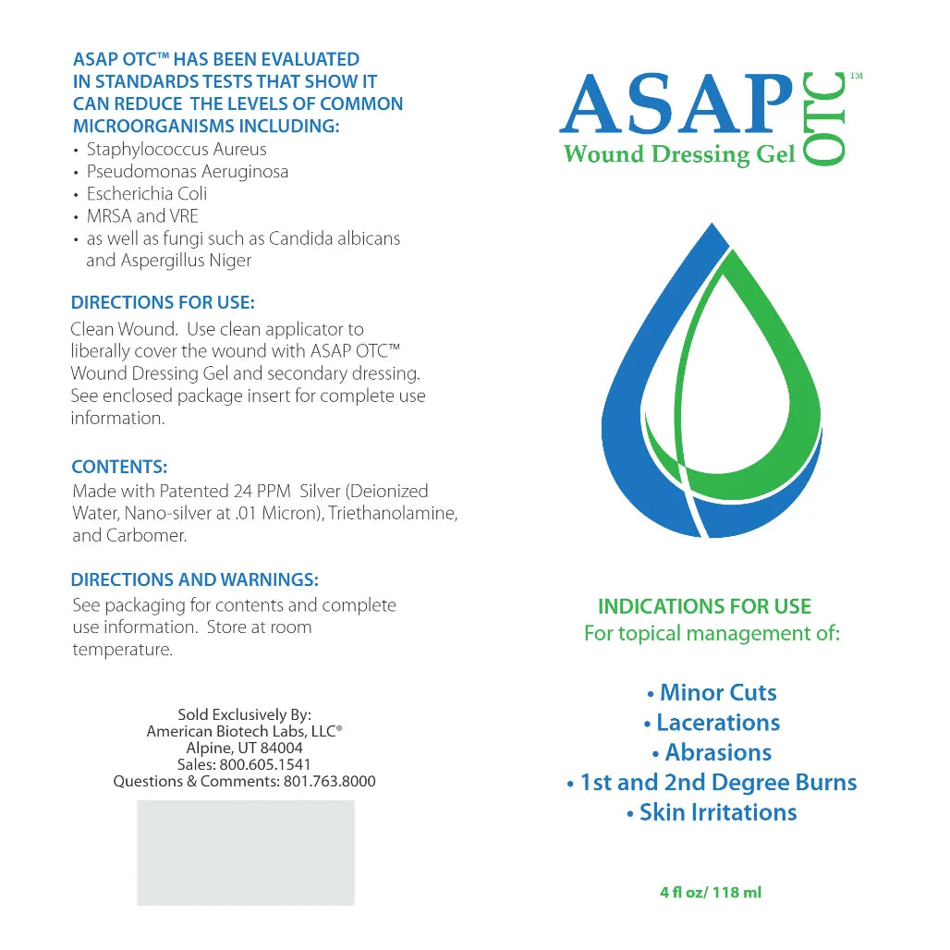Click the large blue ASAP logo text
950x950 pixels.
coord(676,104)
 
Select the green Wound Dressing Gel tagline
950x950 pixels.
coord(679,154)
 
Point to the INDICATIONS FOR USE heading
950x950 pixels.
coord(704,607)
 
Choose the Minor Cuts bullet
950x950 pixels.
coord(712,693)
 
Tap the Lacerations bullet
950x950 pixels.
coord(712,723)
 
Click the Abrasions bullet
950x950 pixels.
coord(712,752)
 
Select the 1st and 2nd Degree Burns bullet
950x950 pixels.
coord(712,783)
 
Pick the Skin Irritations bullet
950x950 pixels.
coord(712,812)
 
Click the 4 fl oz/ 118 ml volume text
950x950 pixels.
coord(711,893)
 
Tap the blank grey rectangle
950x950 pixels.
coord(245,852)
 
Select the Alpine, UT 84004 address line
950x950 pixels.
coord(244,748)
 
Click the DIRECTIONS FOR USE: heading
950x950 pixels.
coord(163,302)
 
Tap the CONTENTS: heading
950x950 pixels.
coord(119,468)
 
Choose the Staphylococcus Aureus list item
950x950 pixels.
coord(176,150)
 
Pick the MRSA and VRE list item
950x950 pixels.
coord(142,216)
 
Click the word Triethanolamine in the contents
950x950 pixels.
coord(398,513)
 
